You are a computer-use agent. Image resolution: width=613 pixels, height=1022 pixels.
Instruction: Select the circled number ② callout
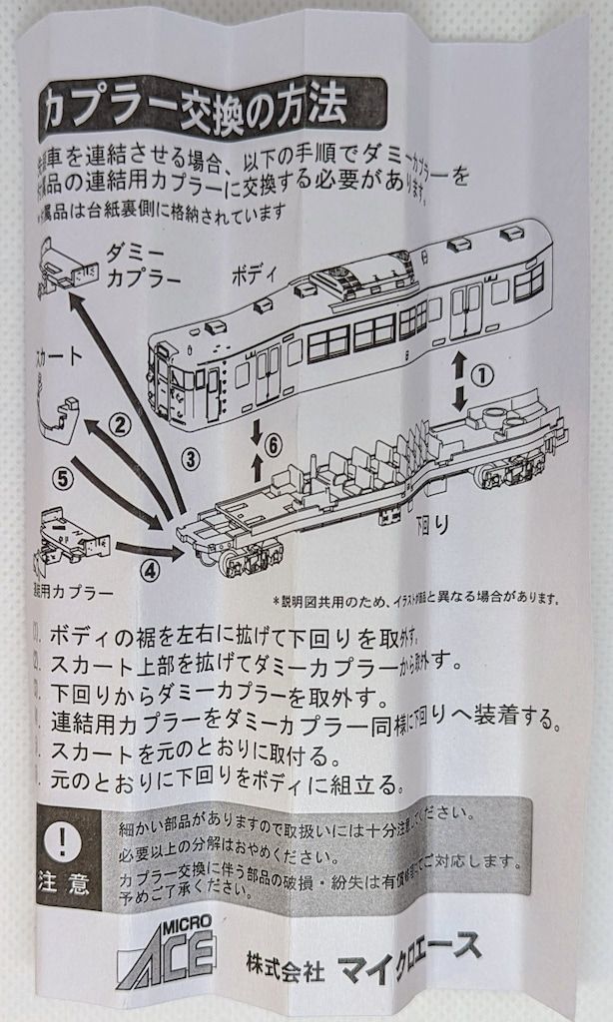120,424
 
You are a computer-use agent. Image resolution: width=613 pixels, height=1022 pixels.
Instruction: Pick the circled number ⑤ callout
64,478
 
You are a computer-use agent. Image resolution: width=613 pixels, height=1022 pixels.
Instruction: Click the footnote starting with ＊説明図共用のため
414,600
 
